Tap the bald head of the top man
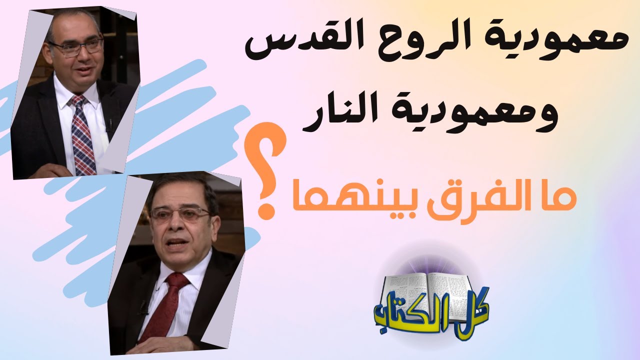[x=72, y=22]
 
